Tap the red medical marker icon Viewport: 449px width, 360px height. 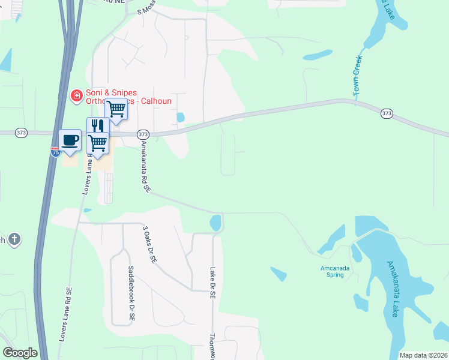pos(76,95)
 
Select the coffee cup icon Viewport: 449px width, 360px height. pos(70,140)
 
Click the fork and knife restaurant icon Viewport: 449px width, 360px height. pos(97,126)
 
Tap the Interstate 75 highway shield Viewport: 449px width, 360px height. pos(55,152)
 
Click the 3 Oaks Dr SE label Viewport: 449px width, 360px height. pos(149,245)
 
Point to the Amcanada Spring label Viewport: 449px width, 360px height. pos(331,271)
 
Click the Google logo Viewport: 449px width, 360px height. pos(20,353)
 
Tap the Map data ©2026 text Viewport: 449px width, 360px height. pos(423,355)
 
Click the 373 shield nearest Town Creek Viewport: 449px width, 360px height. pos(387,113)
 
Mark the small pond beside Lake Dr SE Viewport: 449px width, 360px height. pos(215,223)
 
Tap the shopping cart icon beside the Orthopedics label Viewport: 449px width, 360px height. pos(116,109)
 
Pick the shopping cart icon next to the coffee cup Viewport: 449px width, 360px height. pos(97,143)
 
